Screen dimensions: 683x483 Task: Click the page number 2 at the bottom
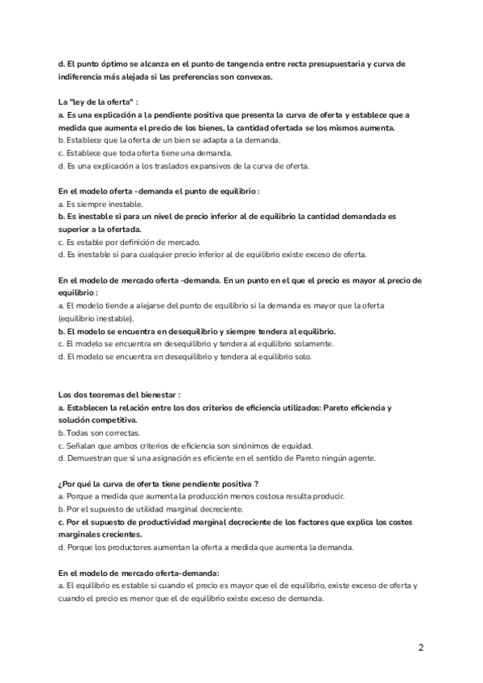(421, 647)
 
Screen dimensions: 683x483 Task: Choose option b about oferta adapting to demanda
(170, 140)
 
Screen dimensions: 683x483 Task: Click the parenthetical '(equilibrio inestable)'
(101, 319)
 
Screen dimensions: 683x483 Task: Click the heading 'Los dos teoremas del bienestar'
(119, 395)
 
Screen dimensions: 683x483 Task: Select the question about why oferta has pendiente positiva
(158, 483)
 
